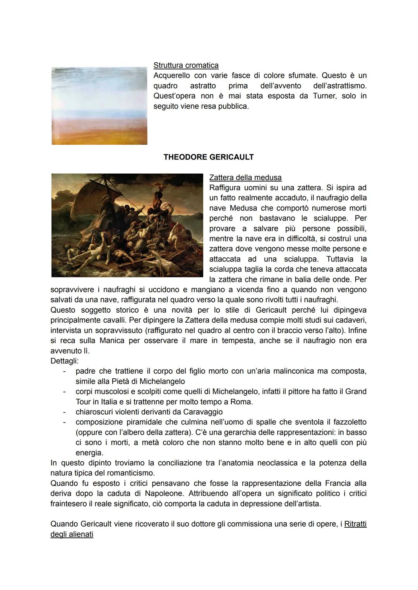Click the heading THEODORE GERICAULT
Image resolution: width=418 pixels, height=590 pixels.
[x=209, y=157]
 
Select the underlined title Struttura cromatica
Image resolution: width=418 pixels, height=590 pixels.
[x=186, y=65]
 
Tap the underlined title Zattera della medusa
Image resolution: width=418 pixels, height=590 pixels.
[x=245, y=178]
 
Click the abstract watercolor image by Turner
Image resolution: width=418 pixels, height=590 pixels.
[x=99, y=106]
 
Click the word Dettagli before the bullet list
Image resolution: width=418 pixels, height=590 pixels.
[x=64, y=361]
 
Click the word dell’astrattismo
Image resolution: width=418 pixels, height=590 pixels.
[x=339, y=86]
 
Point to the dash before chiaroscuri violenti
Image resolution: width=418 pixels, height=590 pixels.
[x=64, y=412]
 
